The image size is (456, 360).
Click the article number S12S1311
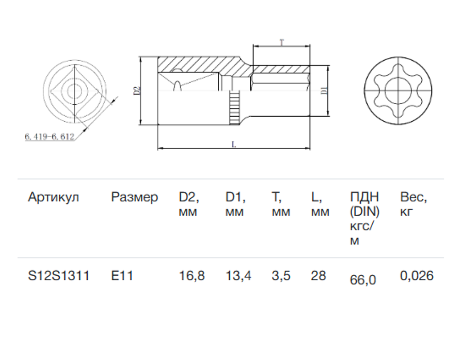(58, 276)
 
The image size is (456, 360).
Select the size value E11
(122, 276)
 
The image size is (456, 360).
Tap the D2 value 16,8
(191, 276)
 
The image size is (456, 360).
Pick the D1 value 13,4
(238, 276)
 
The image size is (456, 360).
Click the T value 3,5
(281, 276)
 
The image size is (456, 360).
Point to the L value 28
(318, 276)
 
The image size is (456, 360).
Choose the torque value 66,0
(363, 280)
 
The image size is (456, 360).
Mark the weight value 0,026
(416, 276)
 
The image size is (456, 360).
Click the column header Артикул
(53, 197)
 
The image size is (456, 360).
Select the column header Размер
(134, 197)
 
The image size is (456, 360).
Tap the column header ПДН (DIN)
(364, 204)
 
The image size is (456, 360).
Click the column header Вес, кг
(413, 204)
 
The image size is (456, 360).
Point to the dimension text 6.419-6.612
(49, 137)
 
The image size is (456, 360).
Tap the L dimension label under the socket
(234, 144)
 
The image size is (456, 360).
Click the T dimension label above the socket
(281, 43)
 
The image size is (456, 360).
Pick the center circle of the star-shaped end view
(395, 91)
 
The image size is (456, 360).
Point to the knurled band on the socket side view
(234, 107)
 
